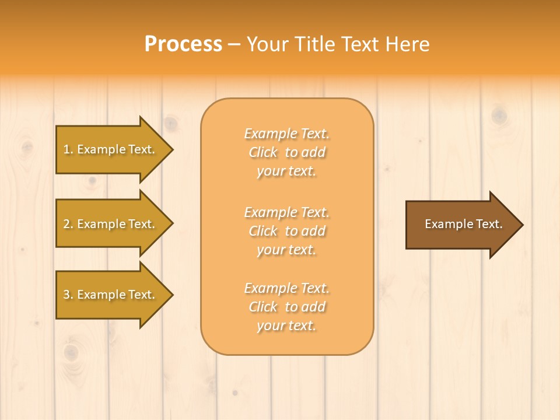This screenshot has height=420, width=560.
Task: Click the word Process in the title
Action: point(183,44)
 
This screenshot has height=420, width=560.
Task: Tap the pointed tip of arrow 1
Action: point(171,149)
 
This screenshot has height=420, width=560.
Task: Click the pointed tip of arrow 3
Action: point(171,295)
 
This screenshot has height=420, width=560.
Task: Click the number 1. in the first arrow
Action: point(68,149)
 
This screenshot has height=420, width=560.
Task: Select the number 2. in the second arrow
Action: point(68,224)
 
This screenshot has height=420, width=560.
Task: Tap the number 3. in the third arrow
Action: point(68,295)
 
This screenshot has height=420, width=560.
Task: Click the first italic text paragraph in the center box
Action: point(287,152)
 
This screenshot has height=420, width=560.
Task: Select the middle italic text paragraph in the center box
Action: point(287,231)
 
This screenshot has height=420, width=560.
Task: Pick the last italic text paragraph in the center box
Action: point(287,307)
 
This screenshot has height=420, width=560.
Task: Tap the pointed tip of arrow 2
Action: point(171,224)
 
